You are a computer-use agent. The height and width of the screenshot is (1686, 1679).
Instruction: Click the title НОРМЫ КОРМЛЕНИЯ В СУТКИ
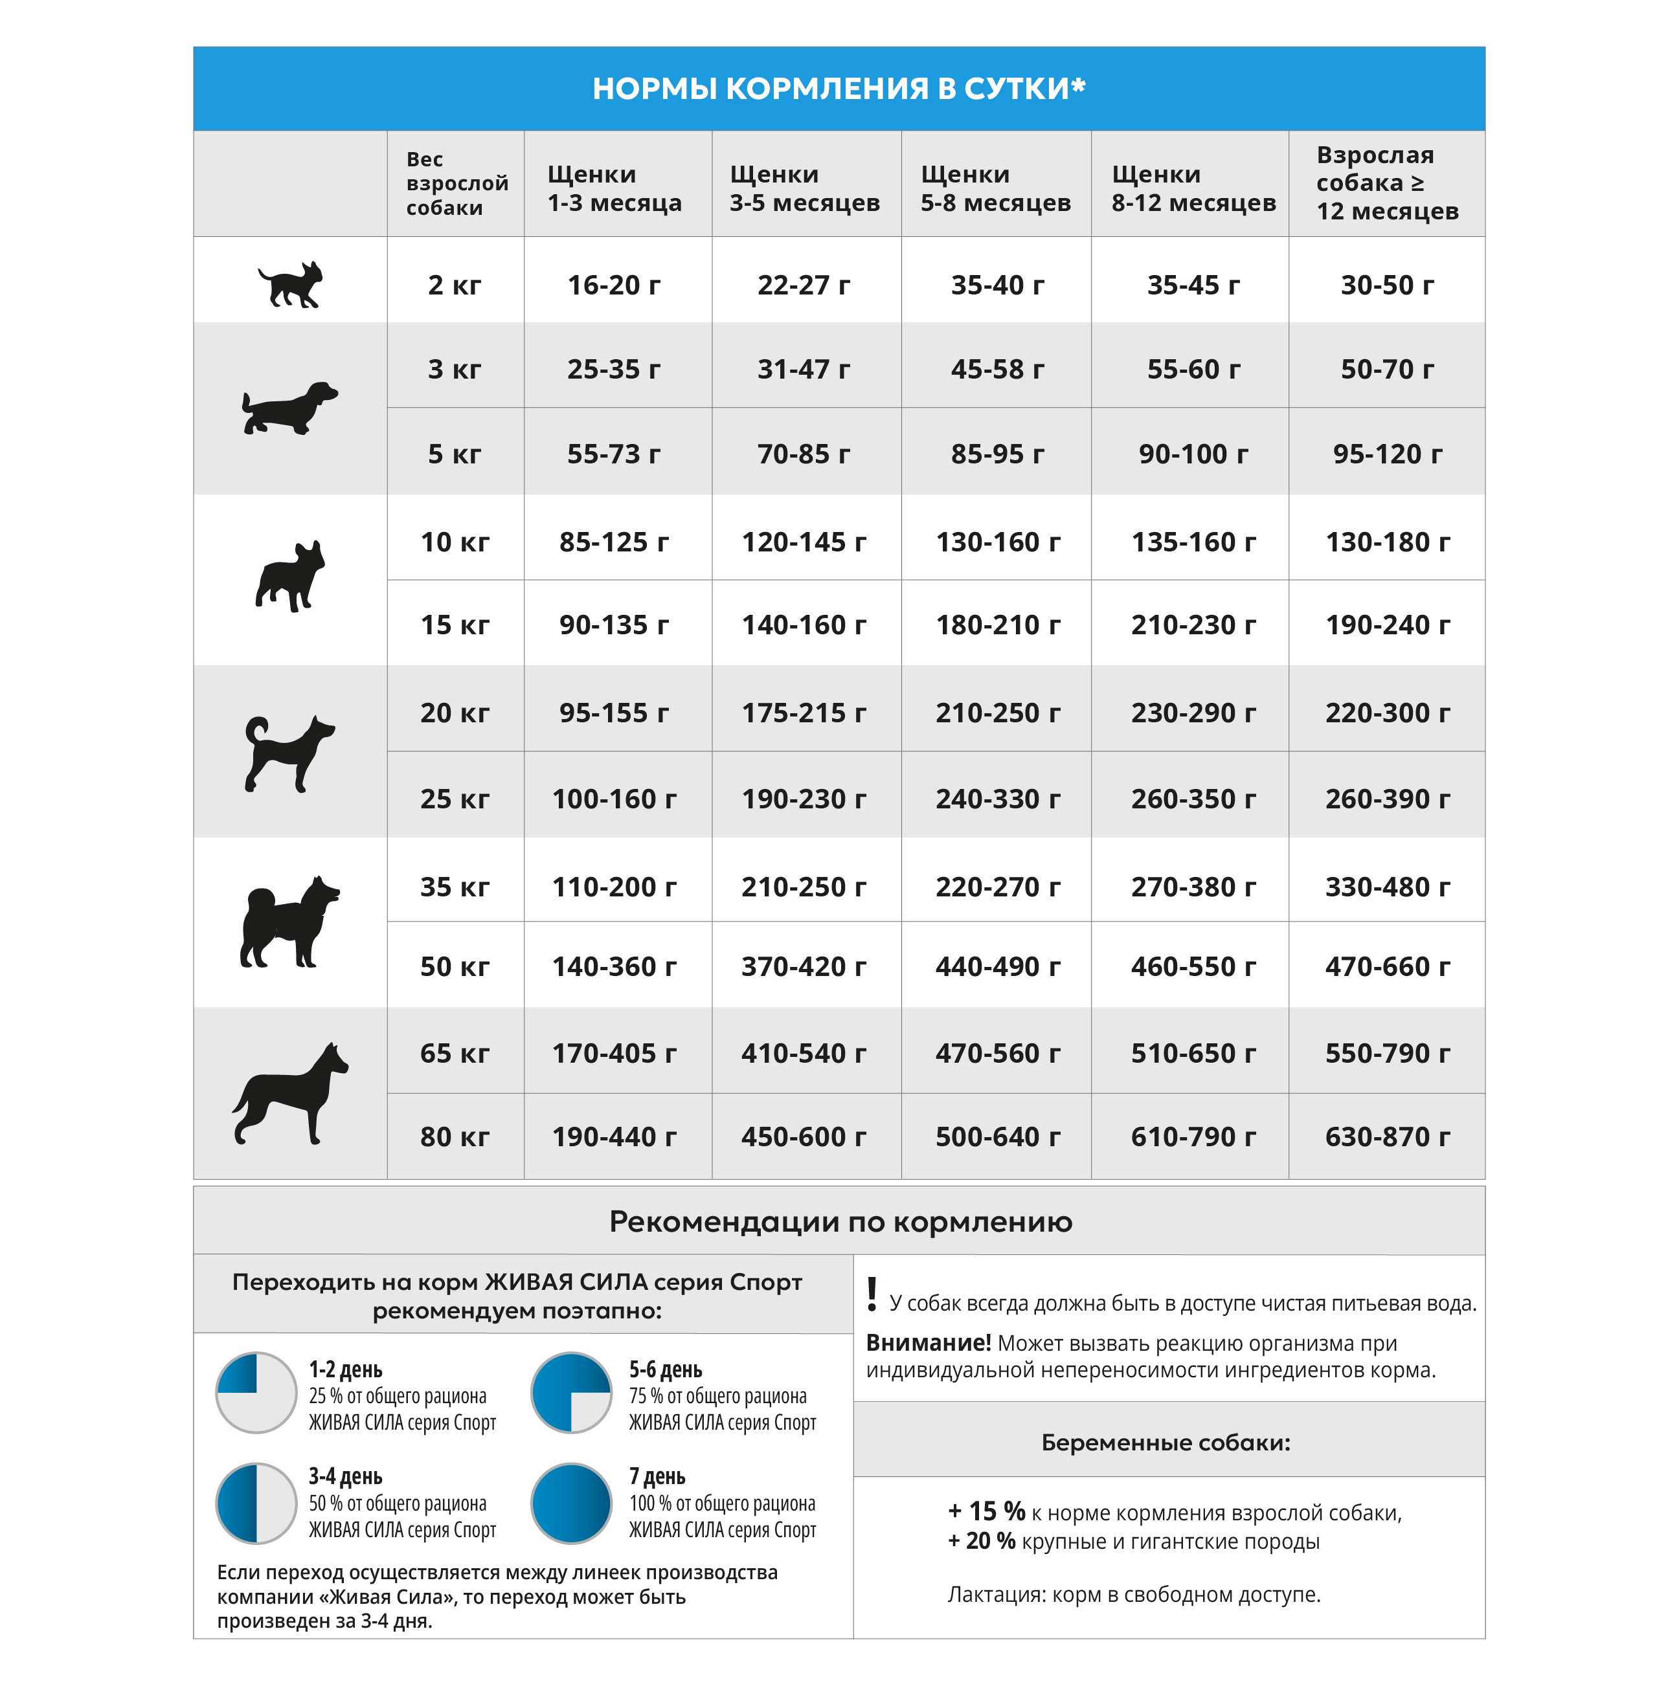838,88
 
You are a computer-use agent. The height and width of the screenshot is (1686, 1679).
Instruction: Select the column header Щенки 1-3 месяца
614,188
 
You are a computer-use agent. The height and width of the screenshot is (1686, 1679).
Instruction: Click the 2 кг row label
454,285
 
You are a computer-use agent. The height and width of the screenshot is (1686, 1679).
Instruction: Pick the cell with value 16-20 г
614,285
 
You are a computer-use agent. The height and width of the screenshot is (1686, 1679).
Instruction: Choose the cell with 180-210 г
997,625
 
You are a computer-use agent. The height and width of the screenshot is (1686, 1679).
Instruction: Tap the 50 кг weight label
454,967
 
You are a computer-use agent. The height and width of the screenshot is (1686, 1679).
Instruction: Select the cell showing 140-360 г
614,967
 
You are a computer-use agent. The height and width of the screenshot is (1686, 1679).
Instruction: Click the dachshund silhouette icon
290,408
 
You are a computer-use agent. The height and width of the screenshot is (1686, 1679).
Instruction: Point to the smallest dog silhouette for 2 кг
291,285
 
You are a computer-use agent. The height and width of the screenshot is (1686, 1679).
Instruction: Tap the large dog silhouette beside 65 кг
290,1093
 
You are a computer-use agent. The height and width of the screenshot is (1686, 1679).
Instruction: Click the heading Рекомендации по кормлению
840,1222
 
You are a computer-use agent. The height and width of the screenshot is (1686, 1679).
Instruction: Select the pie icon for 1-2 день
256,1393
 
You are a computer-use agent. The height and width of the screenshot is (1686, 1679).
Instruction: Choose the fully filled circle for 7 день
571,1503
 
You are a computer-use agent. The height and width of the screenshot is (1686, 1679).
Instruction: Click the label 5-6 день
665,1370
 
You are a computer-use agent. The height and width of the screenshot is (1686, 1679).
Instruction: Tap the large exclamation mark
872,1294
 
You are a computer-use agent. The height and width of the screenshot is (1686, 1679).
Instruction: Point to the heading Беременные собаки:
1166,1443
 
